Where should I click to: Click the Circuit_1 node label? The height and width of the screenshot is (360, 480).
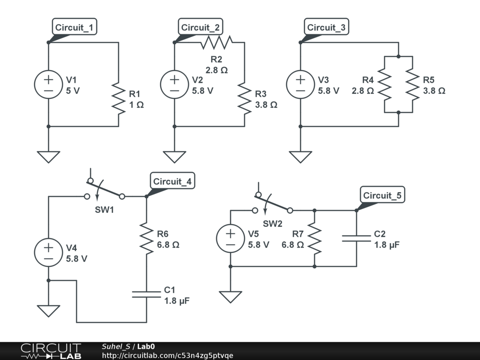[75, 27]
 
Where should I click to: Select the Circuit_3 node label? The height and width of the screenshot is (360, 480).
[326, 27]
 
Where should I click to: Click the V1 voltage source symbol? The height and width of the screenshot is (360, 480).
[48, 84]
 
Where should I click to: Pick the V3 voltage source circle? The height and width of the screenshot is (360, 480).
[300, 84]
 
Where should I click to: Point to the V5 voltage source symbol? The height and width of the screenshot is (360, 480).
[231, 239]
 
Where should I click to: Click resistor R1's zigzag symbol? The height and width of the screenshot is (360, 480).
[119, 98]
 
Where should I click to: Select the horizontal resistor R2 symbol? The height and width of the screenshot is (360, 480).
[217, 42]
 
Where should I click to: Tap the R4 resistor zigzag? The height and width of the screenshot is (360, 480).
[384, 84]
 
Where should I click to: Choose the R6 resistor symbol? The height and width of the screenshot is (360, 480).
[146, 239]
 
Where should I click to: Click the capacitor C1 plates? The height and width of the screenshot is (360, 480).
[146, 294]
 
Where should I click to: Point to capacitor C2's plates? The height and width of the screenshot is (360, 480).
[356, 239]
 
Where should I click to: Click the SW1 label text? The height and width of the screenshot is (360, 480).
[105, 210]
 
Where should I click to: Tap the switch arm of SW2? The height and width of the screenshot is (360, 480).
[272, 203]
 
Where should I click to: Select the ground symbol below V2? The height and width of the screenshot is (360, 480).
[174, 157]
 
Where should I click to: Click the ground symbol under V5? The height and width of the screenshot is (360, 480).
[231, 297]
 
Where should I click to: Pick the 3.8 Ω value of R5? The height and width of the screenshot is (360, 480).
[434, 91]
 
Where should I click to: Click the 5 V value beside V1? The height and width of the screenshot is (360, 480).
[73, 91]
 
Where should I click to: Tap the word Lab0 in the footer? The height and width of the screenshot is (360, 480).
[146, 346]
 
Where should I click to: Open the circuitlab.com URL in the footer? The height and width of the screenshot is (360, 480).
[167, 355]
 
